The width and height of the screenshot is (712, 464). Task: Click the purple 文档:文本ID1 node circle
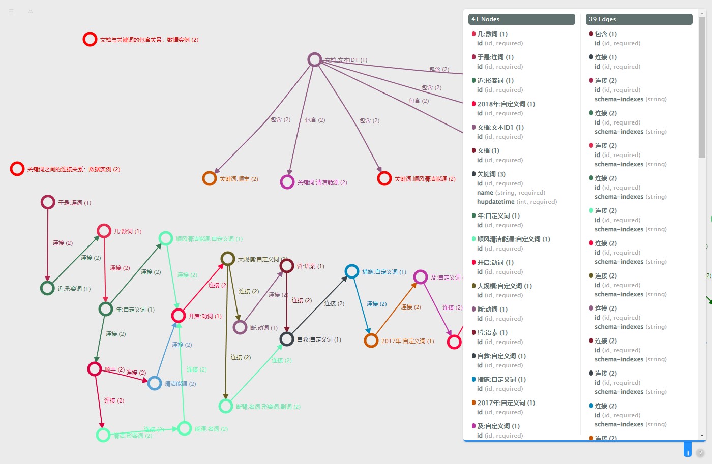tap(315, 60)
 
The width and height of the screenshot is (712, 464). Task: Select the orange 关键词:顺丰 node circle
tap(210, 178)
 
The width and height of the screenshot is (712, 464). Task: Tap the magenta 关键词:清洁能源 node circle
tap(287, 182)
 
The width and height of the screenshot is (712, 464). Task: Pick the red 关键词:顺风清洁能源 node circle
tap(384, 178)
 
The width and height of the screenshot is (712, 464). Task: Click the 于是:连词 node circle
tap(48, 202)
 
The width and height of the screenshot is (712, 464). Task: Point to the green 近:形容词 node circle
tap(47, 288)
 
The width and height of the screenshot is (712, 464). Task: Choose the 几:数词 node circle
tap(104, 231)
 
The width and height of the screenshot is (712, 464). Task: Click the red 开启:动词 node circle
tap(179, 316)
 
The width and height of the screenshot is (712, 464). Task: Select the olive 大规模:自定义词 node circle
tap(228, 259)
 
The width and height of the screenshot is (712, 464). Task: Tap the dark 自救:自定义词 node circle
tap(287, 339)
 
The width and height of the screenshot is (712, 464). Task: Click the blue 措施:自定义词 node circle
tap(352, 271)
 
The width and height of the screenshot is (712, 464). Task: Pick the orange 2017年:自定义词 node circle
tap(371, 341)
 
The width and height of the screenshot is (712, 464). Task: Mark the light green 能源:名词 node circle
tap(185, 428)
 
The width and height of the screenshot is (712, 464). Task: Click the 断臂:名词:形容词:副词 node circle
tap(226, 406)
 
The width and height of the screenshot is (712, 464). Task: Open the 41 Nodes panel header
tap(521, 19)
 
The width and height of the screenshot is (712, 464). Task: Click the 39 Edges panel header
tap(639, 19)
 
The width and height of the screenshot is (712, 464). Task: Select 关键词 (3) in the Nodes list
tap(491, 174)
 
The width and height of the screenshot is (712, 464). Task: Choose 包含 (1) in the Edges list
tap(605, 34)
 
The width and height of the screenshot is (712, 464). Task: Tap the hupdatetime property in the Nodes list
tap(495, 202)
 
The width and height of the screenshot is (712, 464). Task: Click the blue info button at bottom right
tap(688, 452)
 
